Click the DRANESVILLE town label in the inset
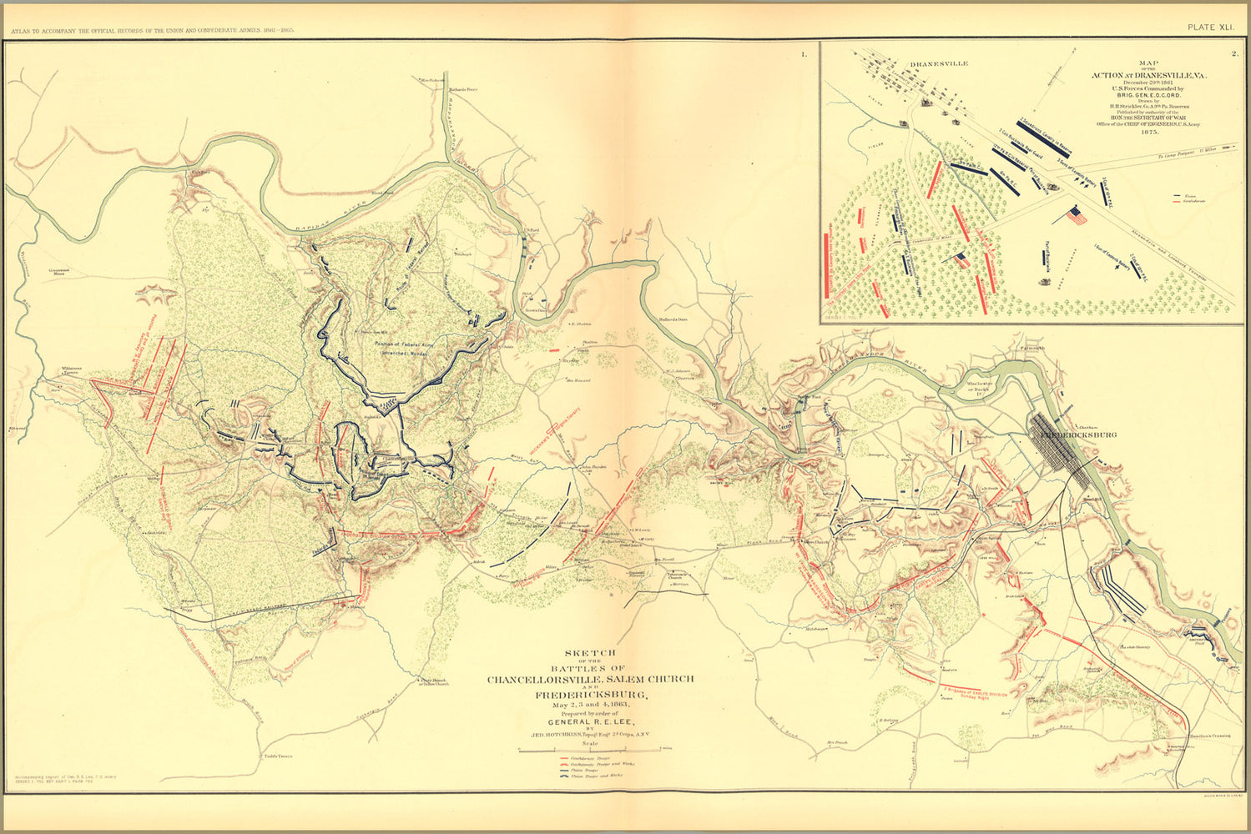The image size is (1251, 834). [939, 63]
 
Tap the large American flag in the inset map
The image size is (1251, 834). [1077, 216]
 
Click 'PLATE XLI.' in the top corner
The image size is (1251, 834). [1210, 28]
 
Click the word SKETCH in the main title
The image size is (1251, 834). [590, 652]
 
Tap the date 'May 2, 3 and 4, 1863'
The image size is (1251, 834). [590, 706]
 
